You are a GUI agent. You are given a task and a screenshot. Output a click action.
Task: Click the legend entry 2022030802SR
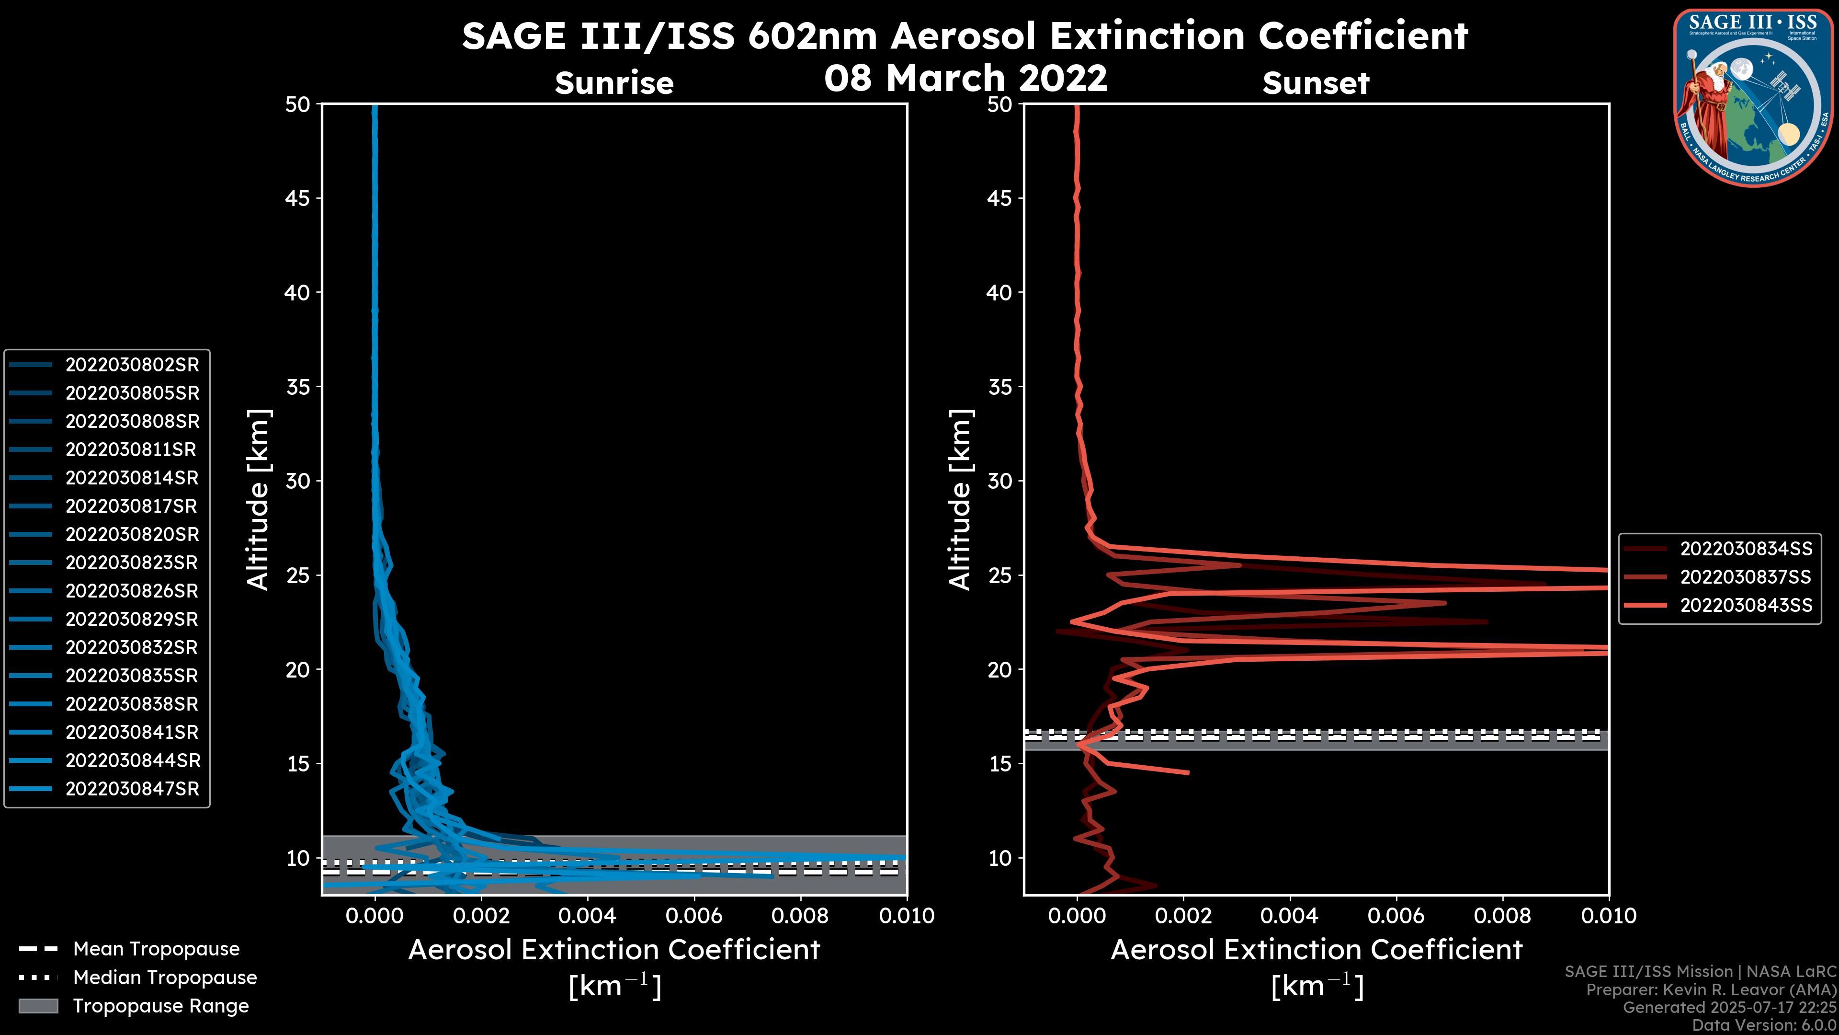132,365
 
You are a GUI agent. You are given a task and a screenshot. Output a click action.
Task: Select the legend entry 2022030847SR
132,789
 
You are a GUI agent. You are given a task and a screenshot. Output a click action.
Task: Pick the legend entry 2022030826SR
132,591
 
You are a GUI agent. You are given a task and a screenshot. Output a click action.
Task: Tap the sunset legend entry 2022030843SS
1746,606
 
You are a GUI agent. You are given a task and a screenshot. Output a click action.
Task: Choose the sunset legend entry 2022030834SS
1746,549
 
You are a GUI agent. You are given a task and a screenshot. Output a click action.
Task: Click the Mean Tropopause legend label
156,949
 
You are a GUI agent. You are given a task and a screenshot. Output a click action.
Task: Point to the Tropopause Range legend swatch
38,1006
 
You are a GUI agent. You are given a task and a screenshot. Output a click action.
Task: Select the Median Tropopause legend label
165,978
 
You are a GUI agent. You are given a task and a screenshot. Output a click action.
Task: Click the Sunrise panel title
614,83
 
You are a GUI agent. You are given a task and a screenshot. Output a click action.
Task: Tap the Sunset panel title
1316,83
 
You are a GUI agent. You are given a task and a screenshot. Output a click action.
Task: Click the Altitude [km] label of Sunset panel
960,500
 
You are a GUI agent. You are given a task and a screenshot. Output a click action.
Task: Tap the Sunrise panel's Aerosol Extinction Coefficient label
614,951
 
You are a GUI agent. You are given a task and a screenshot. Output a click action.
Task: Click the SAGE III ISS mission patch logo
1755,97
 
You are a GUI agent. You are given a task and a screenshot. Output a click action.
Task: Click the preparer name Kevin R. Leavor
1722,990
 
